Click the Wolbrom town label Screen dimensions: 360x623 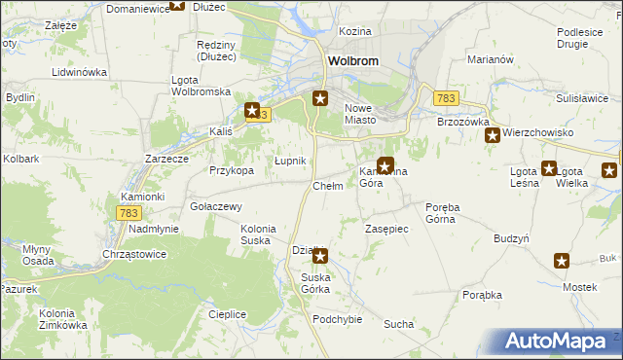353,60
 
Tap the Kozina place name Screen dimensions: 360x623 355,32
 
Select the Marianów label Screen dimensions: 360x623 490,59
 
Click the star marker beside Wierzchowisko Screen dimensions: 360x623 493,135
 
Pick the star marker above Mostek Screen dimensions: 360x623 562,260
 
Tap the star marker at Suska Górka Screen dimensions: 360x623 319,256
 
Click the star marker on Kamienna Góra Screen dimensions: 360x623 385,166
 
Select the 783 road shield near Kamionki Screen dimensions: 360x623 128,212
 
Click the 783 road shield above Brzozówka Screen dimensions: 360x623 447,98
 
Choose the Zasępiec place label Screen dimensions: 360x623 386,228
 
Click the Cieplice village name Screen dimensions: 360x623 227,314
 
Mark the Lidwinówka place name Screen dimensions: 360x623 79,73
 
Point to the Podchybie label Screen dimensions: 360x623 337,319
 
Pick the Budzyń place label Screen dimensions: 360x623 511,238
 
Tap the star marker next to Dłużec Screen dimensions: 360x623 177,4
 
